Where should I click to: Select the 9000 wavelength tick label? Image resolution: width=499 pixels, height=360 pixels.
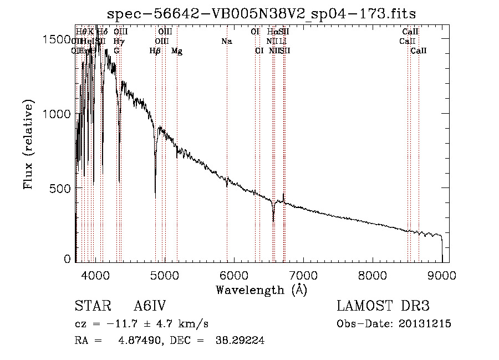click(442, 274)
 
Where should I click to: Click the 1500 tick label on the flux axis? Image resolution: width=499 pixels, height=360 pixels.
click(59, 39)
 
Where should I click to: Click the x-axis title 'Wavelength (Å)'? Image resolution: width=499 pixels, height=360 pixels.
click(261, 290)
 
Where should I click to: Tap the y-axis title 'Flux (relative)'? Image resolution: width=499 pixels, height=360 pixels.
click(29, 144)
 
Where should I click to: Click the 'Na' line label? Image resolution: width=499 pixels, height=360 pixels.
click(226, 42)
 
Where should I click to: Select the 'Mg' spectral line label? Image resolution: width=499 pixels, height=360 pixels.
click(177, 51)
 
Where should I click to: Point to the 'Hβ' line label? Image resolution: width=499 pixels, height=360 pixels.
click(155, 51)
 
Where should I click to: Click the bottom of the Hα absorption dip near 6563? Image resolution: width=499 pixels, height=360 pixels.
click(273, 220)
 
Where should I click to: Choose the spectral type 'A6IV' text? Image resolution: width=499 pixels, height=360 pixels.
click(150, 306)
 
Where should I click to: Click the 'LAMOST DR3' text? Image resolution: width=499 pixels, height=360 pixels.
click(383, 306)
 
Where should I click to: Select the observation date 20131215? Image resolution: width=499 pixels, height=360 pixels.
click(425, 324)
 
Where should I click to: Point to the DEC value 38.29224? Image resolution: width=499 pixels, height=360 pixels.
click(240, 341)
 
